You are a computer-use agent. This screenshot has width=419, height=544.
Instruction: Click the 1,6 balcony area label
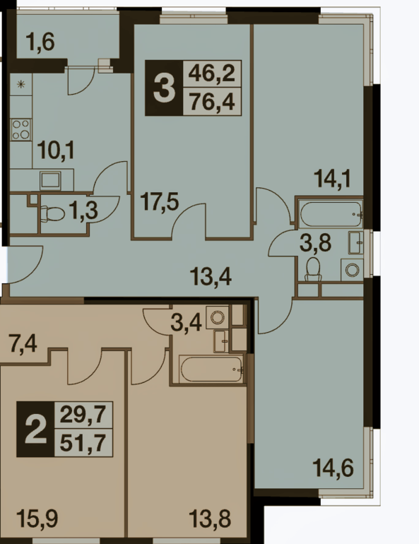click(x=40, y=43)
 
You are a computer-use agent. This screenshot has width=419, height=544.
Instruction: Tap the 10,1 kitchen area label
click(x=57, y=151)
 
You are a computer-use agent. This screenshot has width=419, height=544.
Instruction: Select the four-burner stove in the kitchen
click(x=20, y=129)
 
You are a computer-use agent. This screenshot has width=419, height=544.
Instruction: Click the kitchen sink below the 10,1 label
click(x=50, y=180)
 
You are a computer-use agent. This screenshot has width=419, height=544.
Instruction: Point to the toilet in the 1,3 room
click(x=52, y=213)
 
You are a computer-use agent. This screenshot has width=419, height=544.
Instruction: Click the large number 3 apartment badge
click(x=164, y=88)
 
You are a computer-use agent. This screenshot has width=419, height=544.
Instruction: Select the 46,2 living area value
click(x=211, y=73)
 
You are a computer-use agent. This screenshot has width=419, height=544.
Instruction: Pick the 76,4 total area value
click(x=211, y=102)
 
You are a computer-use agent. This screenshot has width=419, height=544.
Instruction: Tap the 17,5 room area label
click(x=160, y=202)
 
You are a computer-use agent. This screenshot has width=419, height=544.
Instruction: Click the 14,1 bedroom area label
click(x=333, y=179)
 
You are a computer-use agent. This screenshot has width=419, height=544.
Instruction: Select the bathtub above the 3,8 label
click(x=331, y=214)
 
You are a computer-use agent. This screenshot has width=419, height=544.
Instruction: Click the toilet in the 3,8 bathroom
click(x=313, y=269)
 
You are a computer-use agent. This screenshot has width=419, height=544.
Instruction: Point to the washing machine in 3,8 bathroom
click(x=352, y=269)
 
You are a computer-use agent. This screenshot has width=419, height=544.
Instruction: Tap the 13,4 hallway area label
click(x=211, y=277)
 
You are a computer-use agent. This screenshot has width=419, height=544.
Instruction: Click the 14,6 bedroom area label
click(x=334, y=468)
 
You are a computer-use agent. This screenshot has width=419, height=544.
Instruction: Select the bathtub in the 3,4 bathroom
click(x=211, y=369)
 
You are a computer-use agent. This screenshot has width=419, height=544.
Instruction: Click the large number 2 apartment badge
click(x=36, y=429)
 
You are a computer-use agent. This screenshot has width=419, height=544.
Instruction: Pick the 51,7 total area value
click(x=83, y=443)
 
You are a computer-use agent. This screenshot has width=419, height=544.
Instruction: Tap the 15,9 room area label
click(x=37, y=519)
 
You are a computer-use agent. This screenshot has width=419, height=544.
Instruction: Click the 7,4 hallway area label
click(x=23, y=345)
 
